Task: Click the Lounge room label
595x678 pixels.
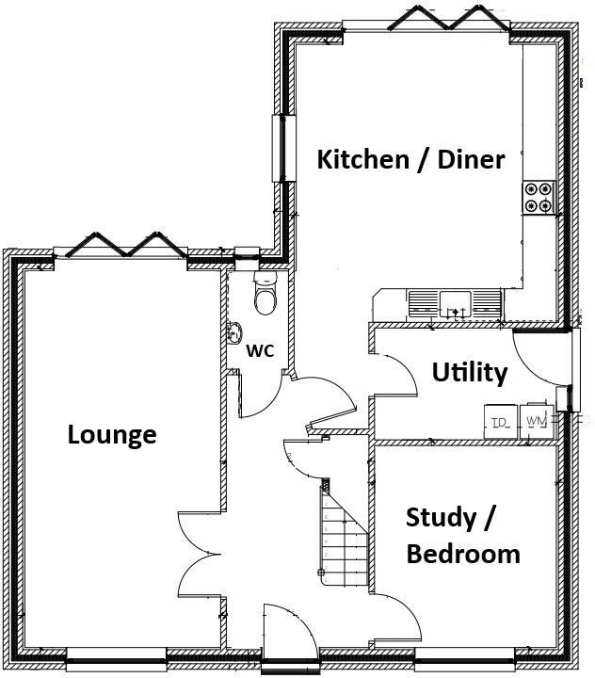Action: click(112, 435)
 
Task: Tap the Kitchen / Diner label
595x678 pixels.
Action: click(410, 159)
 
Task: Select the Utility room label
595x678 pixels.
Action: click(469, 373)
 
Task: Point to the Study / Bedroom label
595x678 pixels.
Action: click(462, 535)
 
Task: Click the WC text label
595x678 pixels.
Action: click(260, 351)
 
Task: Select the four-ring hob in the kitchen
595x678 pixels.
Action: click(540, 196)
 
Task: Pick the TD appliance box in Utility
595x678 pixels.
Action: click(499, 420)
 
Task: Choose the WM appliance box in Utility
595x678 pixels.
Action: click(537, 420)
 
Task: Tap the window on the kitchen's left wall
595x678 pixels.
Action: click(279, 147)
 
